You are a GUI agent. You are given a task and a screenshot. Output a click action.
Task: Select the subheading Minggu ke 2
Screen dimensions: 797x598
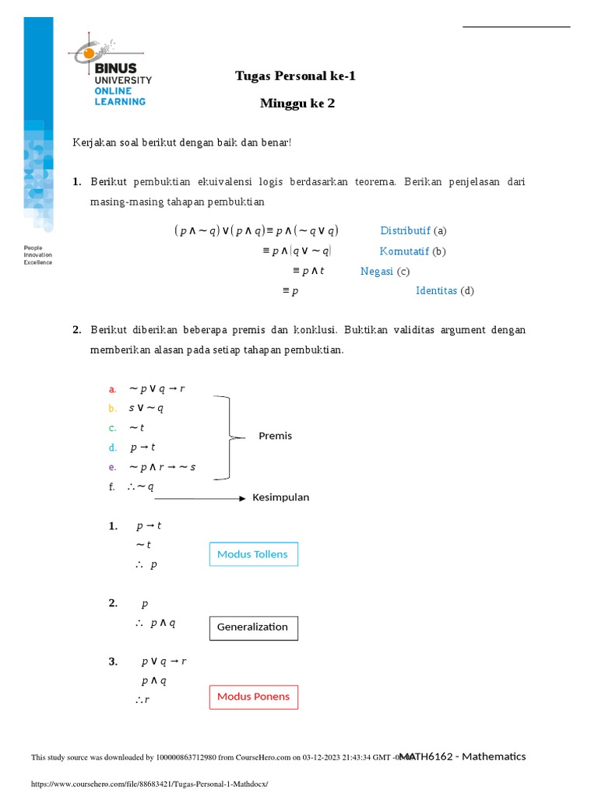click(297, 103)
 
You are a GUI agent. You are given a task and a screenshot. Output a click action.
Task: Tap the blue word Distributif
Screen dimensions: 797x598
click(405, 230)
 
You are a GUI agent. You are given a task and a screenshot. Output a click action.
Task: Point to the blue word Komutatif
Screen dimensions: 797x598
click(404, 251)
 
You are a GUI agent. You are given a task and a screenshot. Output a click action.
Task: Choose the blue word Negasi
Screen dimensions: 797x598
click(377, 271)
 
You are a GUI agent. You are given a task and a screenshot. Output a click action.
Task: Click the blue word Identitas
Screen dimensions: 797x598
click(436, 290)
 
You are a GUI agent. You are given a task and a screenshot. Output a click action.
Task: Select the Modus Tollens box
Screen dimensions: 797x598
click(253, 554)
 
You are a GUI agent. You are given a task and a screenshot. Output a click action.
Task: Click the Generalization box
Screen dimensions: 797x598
click(253, 627)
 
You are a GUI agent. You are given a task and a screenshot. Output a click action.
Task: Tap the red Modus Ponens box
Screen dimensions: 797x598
click(253, 697)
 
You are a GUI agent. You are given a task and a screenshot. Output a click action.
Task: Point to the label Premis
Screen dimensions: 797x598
click(276, 436)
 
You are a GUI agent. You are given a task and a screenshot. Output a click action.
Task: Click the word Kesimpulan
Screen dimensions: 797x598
click(280, 497)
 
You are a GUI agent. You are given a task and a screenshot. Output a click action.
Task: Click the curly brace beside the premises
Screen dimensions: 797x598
click(227, 437)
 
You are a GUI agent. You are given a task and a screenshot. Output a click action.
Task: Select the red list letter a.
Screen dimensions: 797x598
click(112, 389)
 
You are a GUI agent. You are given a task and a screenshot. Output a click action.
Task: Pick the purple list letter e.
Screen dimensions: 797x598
click(112, 467)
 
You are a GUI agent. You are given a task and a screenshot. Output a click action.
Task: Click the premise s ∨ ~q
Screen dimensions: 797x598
click(146, 408)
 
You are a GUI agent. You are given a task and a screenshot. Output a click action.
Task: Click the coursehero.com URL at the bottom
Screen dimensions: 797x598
click(149, 784)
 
